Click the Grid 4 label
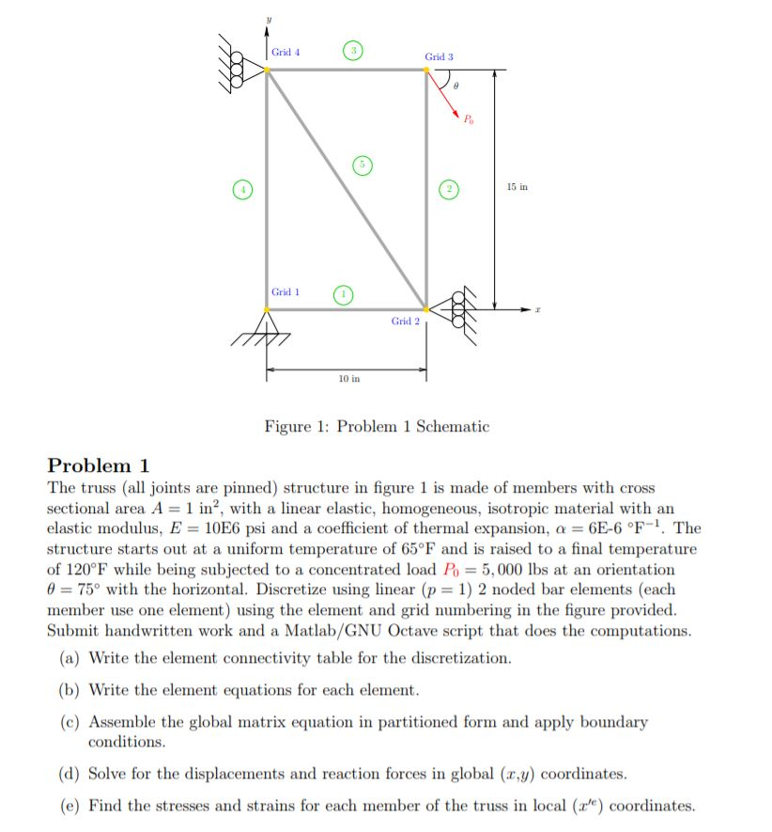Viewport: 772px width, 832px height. click(x=286, y=53)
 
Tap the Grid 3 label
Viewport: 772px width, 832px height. click(x=439, y=57)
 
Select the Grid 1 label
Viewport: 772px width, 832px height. click(x=286, y=292)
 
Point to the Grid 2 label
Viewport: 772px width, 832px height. click(x=406, y=322)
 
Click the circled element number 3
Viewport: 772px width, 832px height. click(x=352, y=48)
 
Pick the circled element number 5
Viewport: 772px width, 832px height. click(x=360, y=165)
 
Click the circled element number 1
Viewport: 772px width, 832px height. click(x=344, y=293)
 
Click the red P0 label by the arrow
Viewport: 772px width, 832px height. click(x=469, y=118)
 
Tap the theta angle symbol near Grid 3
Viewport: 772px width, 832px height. click(x=455, y=86)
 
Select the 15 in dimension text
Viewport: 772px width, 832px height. click(x=517, y=188)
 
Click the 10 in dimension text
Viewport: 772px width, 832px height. click(x=347, y=378)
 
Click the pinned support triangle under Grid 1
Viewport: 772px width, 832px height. click(x=267, y=322)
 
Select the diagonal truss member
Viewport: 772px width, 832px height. click(x=347, y=189)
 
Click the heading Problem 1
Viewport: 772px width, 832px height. click(x=99, y=465)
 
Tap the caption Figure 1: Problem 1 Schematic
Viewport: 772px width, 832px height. click(x=377, y=427)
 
